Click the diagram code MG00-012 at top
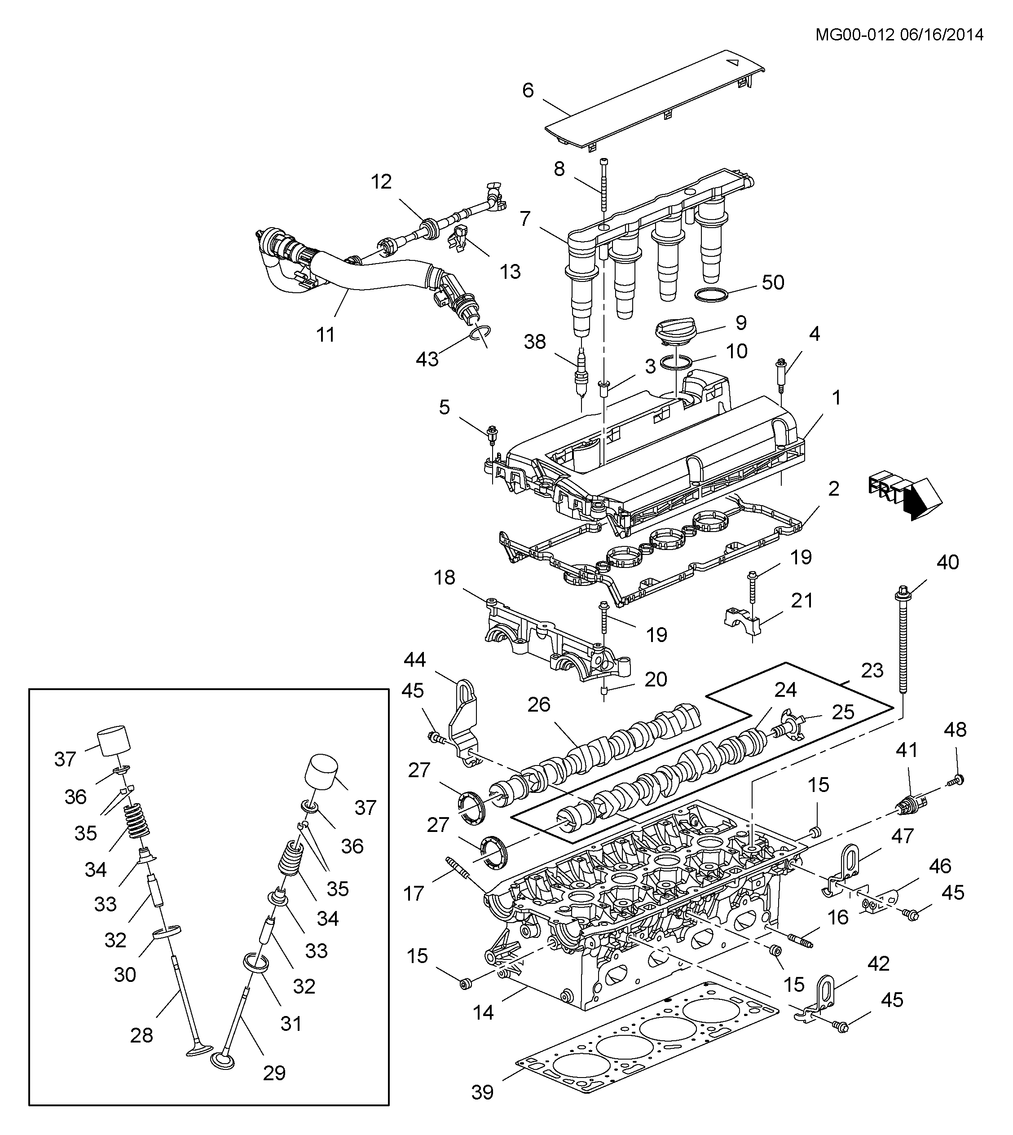click(x=854, y=35)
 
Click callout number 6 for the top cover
click(x=528, y=90)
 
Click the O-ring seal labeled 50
click(x=713, y=295)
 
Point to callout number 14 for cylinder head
click(x=483, y=1012)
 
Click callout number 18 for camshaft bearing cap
click(x=445, y=577)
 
